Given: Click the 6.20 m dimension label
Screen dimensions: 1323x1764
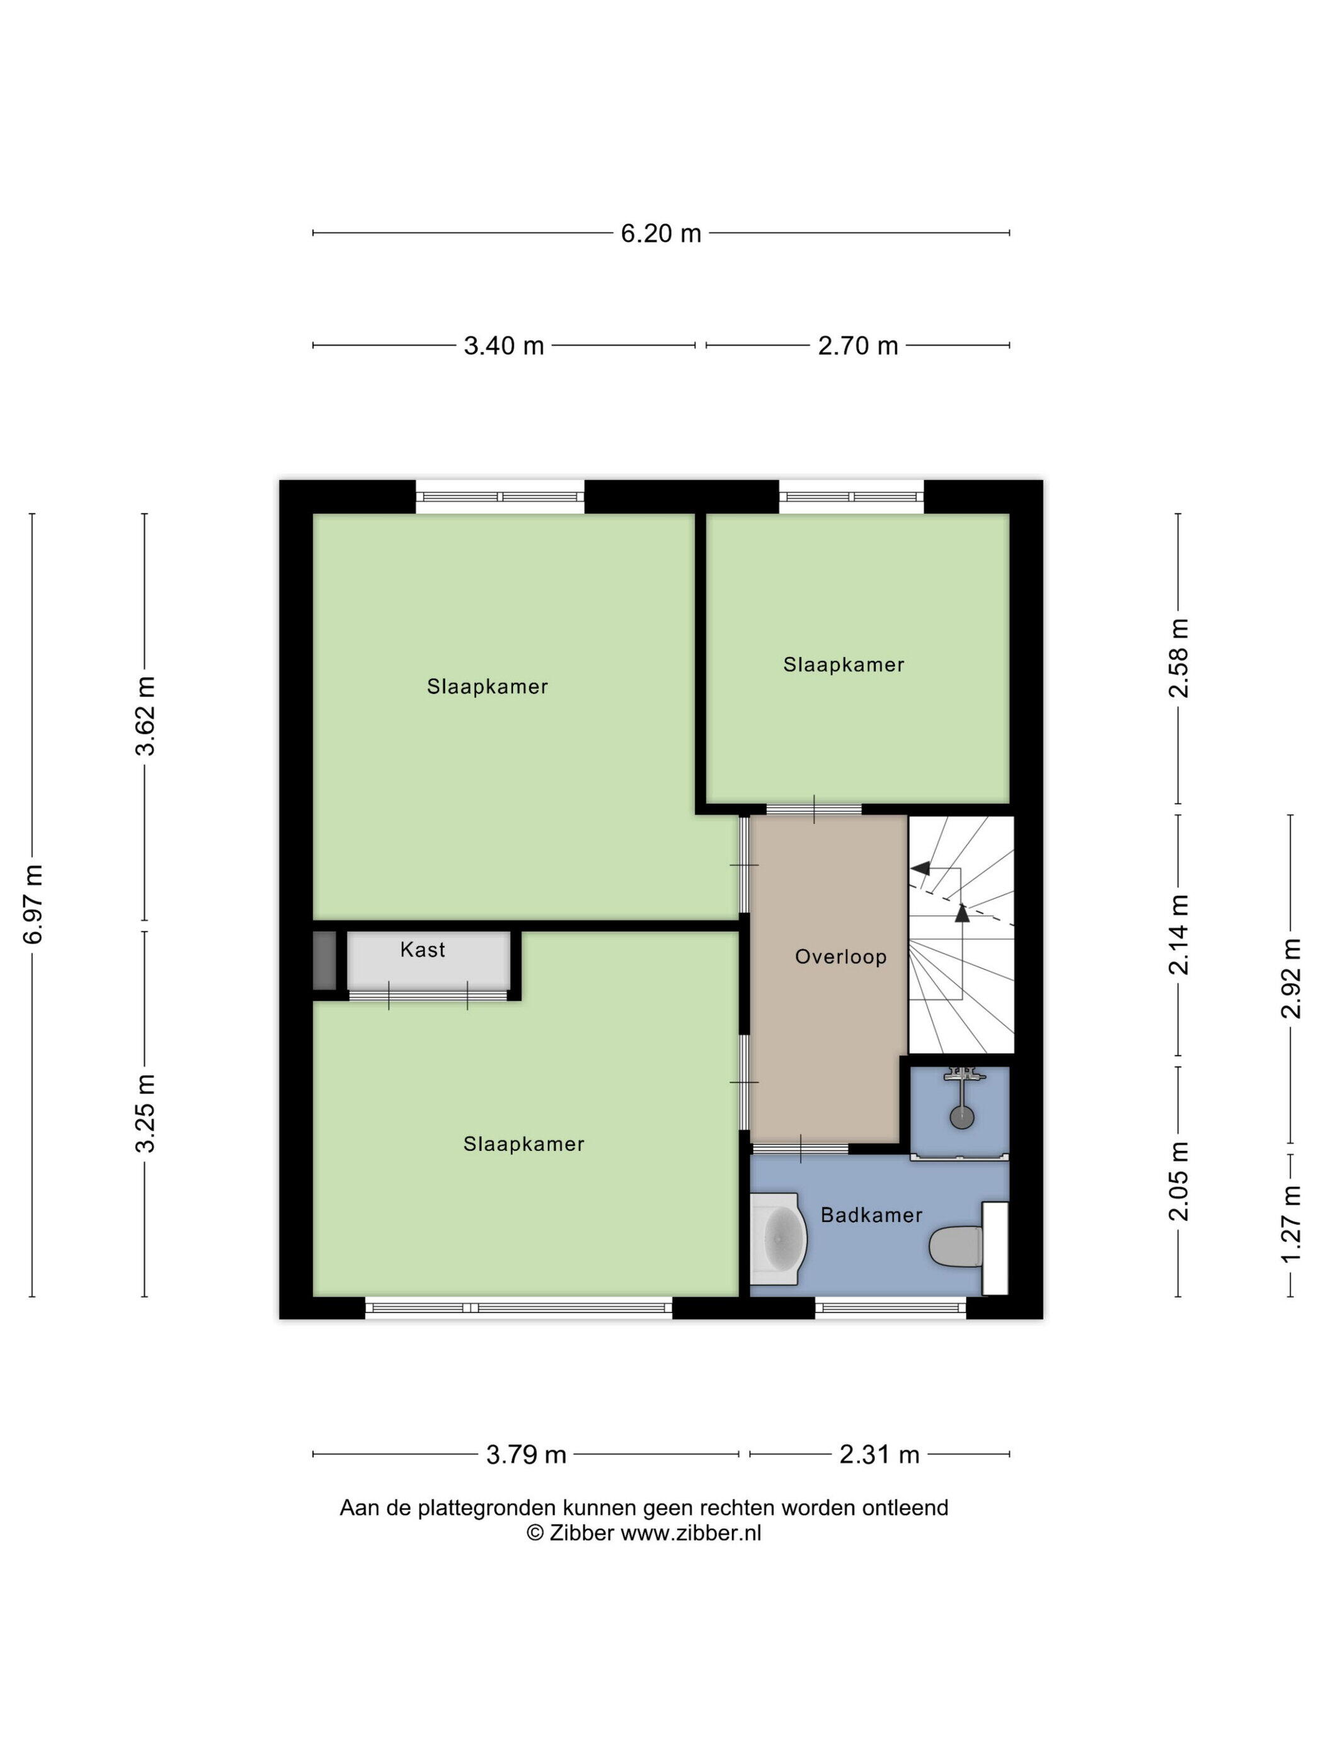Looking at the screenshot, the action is click(660, 233).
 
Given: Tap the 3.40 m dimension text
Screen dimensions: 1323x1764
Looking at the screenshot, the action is click(503, 345).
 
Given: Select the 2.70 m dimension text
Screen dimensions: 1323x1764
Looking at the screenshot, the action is click(857, 345).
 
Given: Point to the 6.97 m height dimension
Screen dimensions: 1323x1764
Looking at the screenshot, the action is click(33, 904).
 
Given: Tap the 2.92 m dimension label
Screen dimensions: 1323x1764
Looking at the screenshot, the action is click(1290, 978).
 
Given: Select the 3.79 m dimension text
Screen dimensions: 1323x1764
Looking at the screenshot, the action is click(525, 1455).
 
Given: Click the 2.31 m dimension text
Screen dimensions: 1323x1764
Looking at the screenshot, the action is click(879, 1455).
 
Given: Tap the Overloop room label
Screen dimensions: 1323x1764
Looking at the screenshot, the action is click(840, 957).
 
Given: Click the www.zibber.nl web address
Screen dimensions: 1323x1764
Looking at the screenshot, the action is click(690, 1533).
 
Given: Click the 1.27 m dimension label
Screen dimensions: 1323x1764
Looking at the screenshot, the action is click(1290, 1223).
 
